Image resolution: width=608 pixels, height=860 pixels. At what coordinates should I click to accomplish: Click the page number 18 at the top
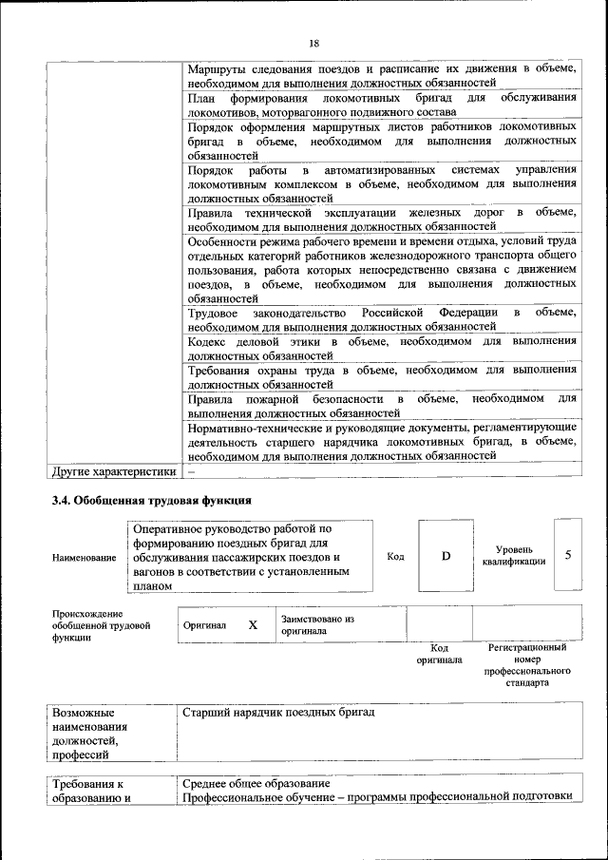(313, 43)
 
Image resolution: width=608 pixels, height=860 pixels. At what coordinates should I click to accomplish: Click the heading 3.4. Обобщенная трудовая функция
(151, 501)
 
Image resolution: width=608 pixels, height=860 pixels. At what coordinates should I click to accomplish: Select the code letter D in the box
(446, 556)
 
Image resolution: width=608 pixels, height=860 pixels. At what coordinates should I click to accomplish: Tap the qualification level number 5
(568, 554)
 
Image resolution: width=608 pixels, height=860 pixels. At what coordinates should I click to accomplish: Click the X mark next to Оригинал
(253, 625)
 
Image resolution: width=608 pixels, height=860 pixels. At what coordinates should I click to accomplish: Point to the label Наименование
(85, 559)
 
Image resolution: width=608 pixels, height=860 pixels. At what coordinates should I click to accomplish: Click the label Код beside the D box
(395, 557)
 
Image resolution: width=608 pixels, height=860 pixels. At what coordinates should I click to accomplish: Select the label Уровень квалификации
(514, 556)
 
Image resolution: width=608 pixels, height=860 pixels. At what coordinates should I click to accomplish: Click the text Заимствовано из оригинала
(317, 624)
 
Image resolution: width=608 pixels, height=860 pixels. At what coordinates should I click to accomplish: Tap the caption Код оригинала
(439, 654)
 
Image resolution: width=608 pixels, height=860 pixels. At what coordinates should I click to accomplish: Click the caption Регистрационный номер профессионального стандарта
(527, 664)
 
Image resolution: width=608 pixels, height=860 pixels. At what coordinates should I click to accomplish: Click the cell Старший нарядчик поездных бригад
(280, 712)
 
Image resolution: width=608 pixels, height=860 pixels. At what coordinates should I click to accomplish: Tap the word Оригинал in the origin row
(204, 626)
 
